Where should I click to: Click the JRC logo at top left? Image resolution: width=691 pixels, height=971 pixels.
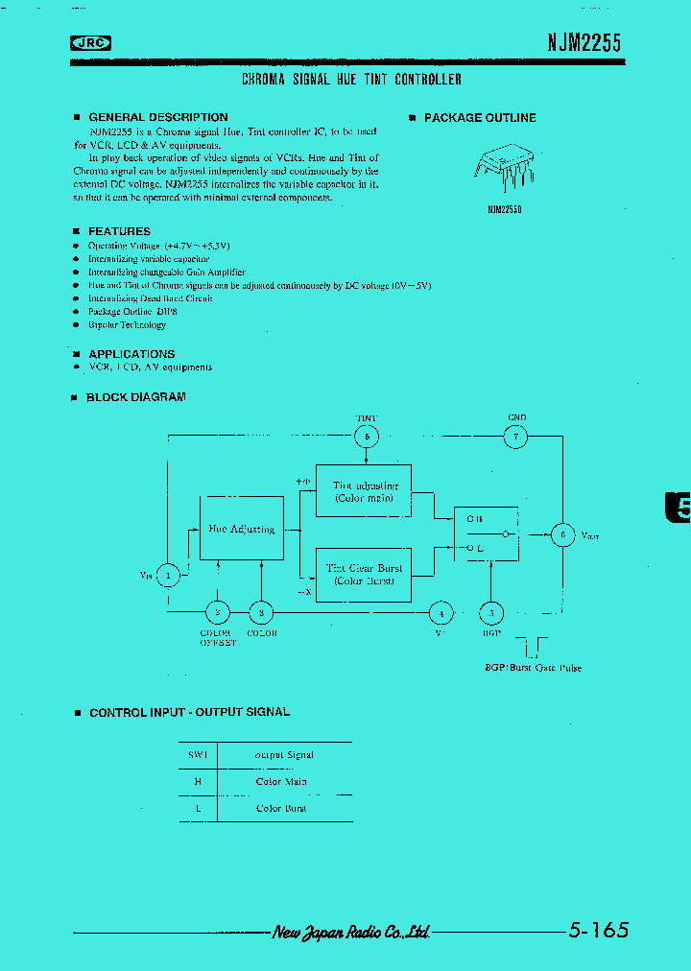(x=91, y=42)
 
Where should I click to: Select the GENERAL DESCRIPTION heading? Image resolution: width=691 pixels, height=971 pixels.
(x=157, y=117)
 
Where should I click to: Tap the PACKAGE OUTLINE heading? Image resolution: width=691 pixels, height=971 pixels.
(x=479, y=118)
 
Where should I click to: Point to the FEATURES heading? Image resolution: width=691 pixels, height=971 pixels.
(x=119, y=231)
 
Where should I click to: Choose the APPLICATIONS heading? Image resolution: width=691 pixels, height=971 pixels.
(x=131, y=354)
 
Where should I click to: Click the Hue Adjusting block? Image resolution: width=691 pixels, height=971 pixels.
(x=241, y=528)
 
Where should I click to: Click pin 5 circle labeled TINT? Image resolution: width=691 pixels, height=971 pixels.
(x=366, y=438)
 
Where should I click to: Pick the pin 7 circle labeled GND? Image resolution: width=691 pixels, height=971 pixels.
(x=516, y=438)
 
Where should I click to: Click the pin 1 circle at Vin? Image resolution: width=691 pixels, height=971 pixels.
(x=168, y=575)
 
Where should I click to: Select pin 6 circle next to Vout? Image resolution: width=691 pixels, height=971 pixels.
(x=562, y=535)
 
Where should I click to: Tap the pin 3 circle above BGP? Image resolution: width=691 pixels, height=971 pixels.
(x=491, y=613)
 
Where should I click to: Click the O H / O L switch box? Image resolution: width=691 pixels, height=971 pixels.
(x=486, y=534)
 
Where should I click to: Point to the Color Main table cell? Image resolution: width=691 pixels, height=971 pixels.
(x=281, y=782)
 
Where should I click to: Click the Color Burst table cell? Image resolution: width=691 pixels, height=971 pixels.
(x=281, y=809)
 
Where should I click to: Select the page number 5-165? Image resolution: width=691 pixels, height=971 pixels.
(x=598, y=930)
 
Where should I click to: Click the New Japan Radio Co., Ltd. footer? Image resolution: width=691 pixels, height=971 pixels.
(x=350, y=932)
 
